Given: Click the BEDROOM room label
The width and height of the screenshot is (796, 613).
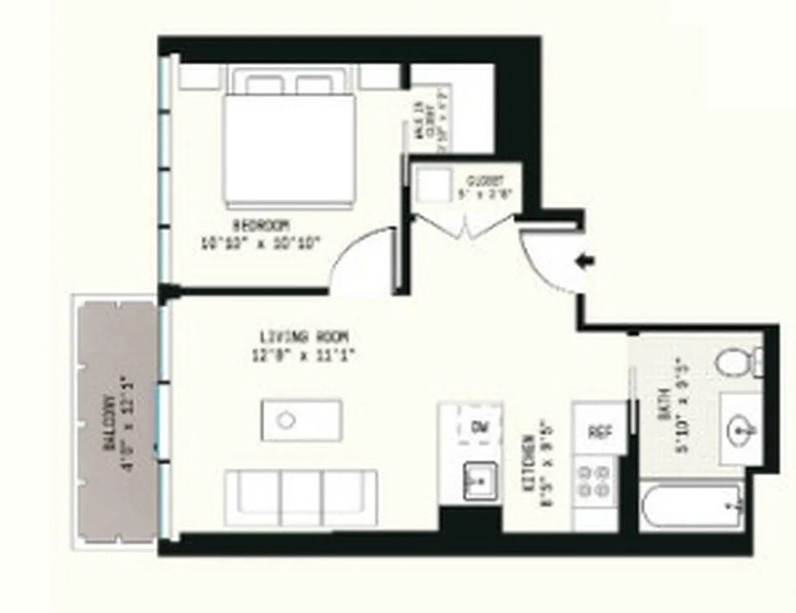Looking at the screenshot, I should [x=260, y=225].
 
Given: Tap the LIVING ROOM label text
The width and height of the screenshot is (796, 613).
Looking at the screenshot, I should [x=304, y=336].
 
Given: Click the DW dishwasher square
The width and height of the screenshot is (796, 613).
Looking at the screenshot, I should [x=480, y=426].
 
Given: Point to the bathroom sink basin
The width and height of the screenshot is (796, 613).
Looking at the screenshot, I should [x=740, y=430].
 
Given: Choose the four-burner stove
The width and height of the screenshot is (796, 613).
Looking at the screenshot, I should [x=595, y=480].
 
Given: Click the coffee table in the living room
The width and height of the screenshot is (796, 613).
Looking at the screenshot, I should [x=300, y=420].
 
